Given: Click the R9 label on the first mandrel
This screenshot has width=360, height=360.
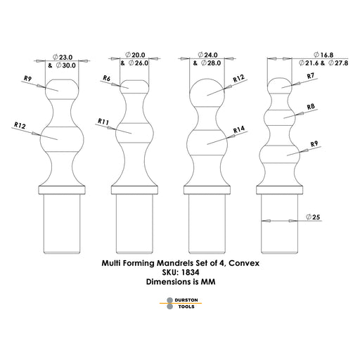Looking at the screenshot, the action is click(28, 79).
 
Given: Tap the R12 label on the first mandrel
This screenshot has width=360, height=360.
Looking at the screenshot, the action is click(20, 125).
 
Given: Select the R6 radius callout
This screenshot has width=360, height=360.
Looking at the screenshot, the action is click(107, 78).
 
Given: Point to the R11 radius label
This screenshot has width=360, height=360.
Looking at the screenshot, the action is click(103, 122).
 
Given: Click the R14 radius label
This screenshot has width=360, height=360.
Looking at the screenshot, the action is click(239, 129).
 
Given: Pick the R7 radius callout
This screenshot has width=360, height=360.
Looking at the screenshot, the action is click(311, 76).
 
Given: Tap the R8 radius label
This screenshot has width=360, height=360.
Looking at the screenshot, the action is click(311, 107).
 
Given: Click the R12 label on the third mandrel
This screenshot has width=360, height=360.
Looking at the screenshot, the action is click(238, 78).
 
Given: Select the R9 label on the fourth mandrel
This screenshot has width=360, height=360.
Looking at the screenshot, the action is click(314, 143).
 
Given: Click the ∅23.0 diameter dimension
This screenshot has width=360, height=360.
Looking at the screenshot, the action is click(63, 57).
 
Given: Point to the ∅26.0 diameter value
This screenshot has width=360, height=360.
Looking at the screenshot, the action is click(139, 63).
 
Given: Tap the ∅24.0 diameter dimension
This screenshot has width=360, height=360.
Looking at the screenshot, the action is click(208, 55).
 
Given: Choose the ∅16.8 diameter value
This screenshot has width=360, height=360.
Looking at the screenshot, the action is click(323, 55).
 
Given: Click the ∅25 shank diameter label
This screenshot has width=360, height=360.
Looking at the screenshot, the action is click(313, 217).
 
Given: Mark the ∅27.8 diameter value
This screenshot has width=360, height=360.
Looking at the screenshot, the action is click(338, 63).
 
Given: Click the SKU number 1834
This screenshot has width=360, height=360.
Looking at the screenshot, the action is click(191, 272).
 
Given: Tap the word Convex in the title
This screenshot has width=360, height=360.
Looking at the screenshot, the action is click(244, 263).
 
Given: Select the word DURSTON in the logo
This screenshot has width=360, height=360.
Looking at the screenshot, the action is click(186, 300).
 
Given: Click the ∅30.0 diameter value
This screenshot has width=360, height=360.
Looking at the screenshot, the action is click(66, 65).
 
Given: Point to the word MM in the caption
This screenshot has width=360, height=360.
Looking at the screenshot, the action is click(208, 281).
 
